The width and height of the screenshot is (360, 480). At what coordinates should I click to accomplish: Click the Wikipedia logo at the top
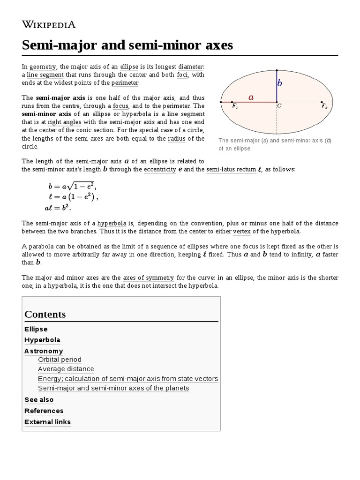click(x=49, y=24)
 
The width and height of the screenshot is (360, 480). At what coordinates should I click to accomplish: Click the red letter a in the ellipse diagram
click(x=251, y=97)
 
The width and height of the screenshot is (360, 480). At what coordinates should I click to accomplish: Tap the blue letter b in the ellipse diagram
click(x=280, y=83)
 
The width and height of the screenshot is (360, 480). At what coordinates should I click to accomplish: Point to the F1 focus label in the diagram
click(x=235, y=106)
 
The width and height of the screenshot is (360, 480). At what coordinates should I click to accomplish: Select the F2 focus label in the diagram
click(x=324, y=106)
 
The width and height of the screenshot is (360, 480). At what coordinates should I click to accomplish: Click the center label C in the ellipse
click(x=279, y=106)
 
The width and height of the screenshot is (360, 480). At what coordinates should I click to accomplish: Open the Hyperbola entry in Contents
click(x=42, y=340)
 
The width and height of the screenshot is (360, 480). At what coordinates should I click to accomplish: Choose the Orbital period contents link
click(x=60, y=360)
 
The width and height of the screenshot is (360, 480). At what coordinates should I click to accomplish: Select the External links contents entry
click(x=47, y=422)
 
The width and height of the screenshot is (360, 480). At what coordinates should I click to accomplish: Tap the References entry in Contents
click(x=44, y=411)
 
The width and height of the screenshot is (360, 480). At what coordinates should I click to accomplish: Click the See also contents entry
click(x=39, y=399)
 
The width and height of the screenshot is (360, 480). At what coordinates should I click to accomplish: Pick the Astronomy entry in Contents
click(x=44, y=351)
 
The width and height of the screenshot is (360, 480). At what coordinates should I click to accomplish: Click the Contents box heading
click(x=45, y=314)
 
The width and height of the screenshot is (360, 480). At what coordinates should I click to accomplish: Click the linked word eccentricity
click(x=160, y=169)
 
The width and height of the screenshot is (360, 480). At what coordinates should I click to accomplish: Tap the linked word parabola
click(x=41, y=246)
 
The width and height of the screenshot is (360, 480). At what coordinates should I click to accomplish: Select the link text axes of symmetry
click(x=148, y=277)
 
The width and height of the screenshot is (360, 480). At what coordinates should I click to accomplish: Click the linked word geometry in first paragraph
click(x=43, y=67)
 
